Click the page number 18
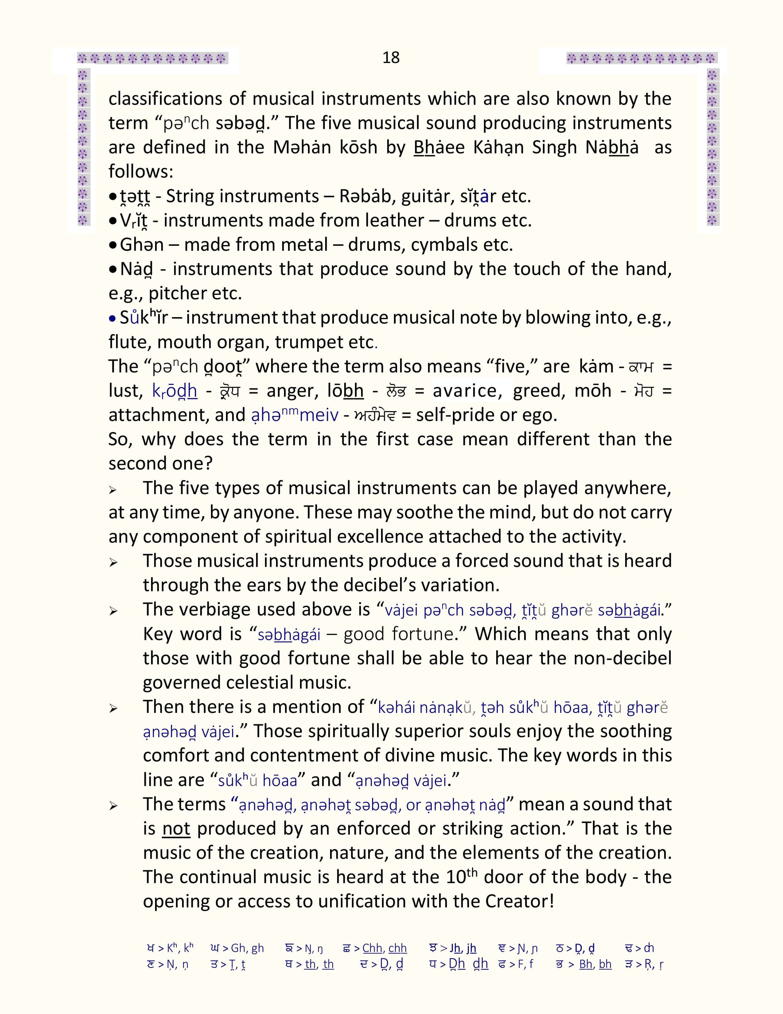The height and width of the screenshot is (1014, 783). [391, 57]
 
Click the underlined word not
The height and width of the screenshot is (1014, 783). [176, 828]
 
